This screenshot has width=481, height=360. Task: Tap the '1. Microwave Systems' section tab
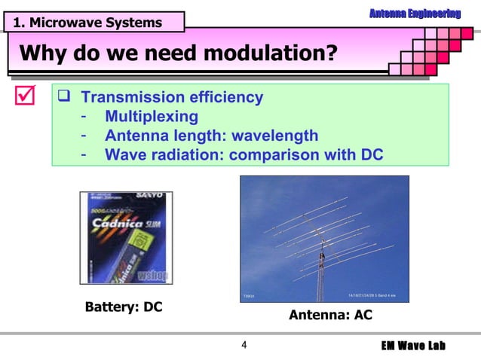(x=87, y=23)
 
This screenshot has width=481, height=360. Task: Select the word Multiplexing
(x=152, y=117)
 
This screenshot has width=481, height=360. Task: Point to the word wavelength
(x=275, y=136)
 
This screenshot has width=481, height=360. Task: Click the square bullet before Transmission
(x=66, y=98)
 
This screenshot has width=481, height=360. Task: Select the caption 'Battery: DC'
(x=124, y=307)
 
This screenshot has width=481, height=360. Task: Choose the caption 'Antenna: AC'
(x=330, y=315)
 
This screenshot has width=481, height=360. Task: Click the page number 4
(x=244, y=346)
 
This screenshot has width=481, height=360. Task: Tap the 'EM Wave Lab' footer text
(x=413, y=346)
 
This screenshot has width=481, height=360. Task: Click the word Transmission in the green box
(x=126, y=98)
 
